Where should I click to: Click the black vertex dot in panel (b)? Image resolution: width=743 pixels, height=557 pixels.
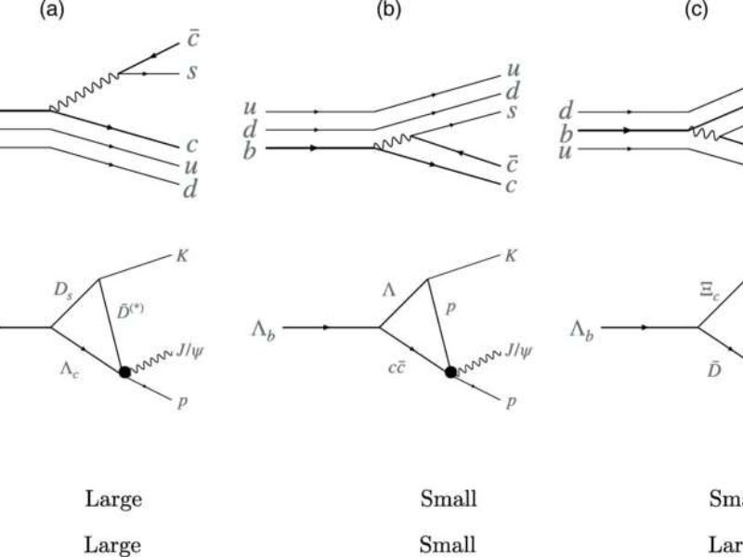click(x=450, y=372)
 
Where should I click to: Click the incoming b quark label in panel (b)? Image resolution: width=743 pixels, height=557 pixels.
click(x=250, y=149)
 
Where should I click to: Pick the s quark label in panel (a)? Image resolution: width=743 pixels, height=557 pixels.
click(x=190, y=71)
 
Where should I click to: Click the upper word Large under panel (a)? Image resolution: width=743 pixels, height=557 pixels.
click(x=113, y=499)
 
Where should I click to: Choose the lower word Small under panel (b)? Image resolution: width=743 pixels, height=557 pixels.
click(x=449, y=543)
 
